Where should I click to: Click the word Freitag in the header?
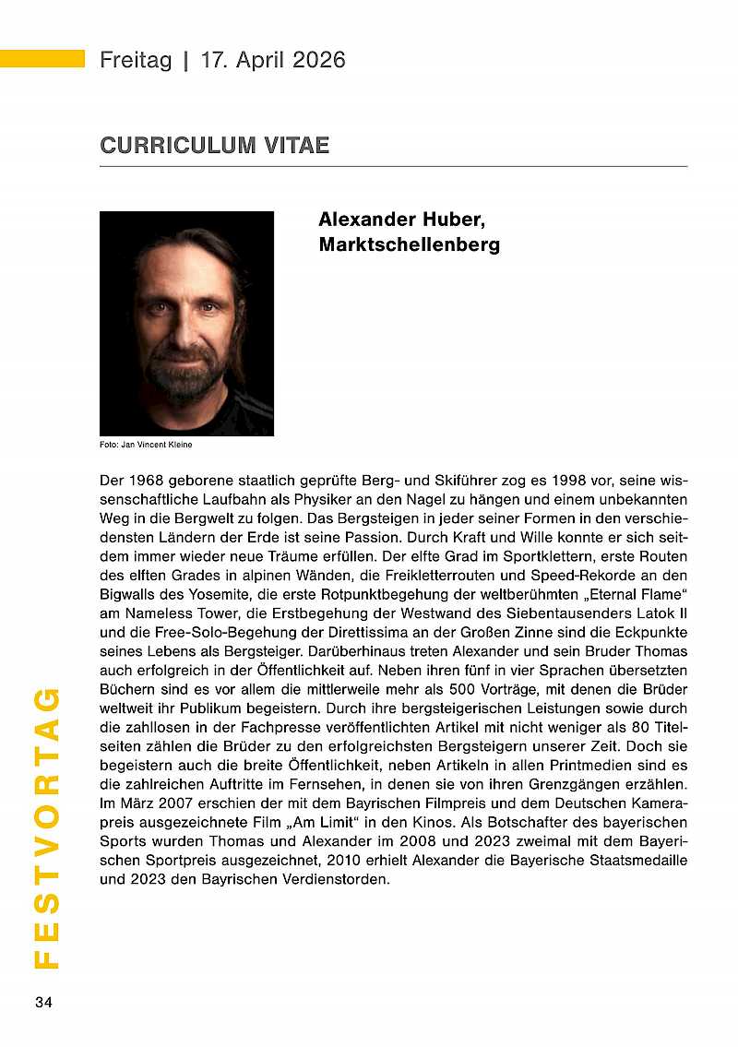point(136,61)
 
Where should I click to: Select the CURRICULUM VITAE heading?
point(215,146)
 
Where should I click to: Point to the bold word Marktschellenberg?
point(409,244)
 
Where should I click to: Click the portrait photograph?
point(186,323)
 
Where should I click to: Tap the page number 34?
point(43,1003)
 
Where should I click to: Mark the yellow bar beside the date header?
point(42,59)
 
